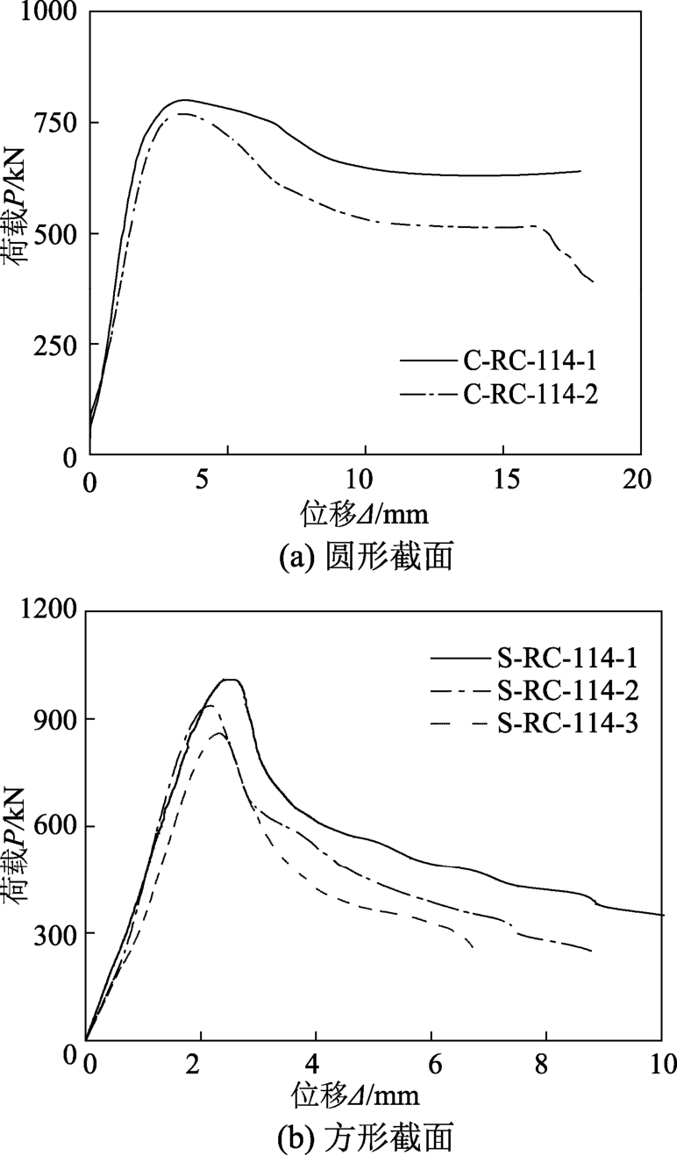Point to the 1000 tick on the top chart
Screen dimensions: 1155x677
point(43,13)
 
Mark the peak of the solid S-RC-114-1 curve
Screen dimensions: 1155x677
point(231,680)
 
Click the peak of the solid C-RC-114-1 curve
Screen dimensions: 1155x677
point(184,100)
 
